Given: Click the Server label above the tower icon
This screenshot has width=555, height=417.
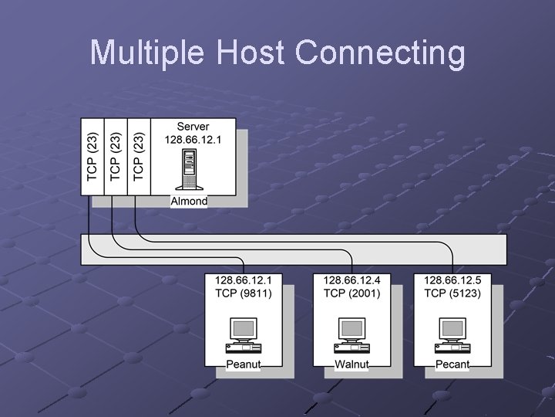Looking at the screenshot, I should point(193,127).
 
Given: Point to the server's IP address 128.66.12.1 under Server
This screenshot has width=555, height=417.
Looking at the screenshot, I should point(193,140).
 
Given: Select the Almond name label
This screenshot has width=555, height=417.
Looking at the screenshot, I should point(189,201).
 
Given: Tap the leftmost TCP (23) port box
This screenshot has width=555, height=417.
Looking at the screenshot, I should point(92,156).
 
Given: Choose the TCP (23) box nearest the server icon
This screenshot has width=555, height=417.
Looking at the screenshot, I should point(139,156).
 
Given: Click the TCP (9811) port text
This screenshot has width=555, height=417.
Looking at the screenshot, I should point(244,293).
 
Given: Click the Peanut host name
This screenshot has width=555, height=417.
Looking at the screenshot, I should point(244,364).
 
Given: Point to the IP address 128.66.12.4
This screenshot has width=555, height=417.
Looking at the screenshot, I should point(351,280).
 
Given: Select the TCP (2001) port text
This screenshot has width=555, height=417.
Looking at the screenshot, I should point(351,293).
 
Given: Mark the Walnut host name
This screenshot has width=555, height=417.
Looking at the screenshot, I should point(351,364).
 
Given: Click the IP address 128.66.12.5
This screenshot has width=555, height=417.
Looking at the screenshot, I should point(452,280).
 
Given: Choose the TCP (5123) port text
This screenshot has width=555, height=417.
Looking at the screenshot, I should point(452,293).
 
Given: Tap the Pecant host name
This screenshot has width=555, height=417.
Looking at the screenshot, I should point(452,364).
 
